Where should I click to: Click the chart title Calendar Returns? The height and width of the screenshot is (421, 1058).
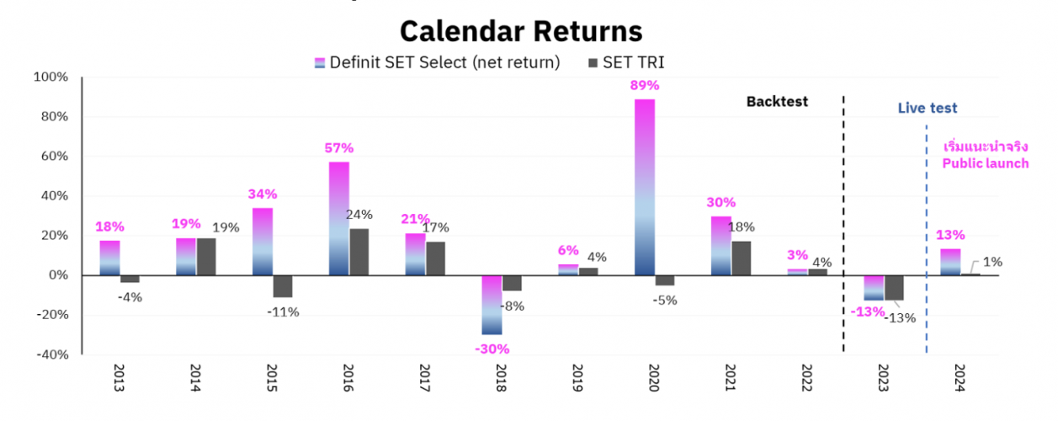[521, 31]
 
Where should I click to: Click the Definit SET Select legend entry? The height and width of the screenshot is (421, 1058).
[437, 62]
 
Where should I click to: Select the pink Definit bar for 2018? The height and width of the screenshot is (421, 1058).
[492, 305]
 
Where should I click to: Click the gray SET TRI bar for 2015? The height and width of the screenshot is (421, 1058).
[283, 286]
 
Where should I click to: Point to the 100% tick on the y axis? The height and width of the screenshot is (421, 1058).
[50, 77]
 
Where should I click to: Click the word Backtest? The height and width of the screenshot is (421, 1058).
[776, 102]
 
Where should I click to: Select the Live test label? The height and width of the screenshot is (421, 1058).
[927, 109]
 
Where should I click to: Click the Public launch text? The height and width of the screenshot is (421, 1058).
[985, 163]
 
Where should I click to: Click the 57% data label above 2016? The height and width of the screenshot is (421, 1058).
[338, 148]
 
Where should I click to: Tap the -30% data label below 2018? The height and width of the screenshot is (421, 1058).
[492, 349]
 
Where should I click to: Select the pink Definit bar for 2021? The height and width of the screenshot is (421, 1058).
[721, 246]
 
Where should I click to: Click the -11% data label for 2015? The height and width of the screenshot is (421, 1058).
[282, 312]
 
